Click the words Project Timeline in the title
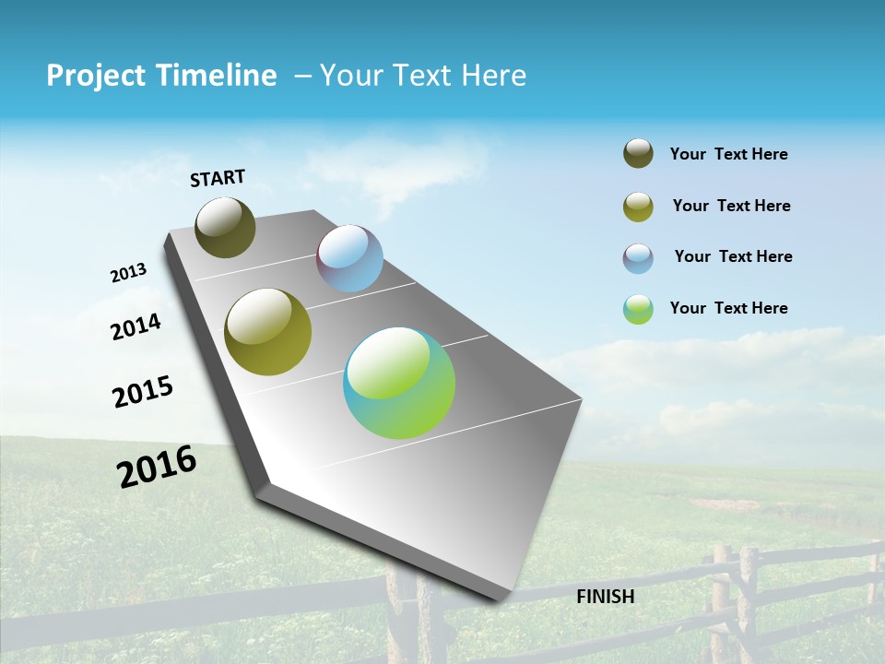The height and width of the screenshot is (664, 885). coord(161,76)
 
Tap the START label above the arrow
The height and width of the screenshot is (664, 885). coord(218,178)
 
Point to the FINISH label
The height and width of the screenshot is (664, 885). coord(606,597)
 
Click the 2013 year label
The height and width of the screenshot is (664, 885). coord(129,273)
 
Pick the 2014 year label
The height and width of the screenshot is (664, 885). coord(136,326)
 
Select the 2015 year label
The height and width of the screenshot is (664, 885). coord(143,392)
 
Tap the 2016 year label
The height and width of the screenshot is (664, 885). coord(157,466)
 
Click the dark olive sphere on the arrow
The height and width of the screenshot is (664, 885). coord(226,227)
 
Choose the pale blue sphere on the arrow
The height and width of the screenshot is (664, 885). coord(349,258)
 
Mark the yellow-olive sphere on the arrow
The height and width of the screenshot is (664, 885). coord(268,332)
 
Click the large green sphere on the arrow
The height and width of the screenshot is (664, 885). coord(399,383)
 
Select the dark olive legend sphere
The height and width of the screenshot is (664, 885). coord(638,154)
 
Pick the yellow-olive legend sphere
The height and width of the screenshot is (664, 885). coord(638,207)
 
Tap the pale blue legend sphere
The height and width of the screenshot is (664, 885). coord(638,258)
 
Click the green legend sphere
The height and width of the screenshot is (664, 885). coord(638,309)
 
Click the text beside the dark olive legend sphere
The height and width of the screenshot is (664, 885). coord(728,155)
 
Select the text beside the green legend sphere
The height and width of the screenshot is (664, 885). coord(728,308)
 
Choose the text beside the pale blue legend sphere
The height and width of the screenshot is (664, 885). coord(733,256)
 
